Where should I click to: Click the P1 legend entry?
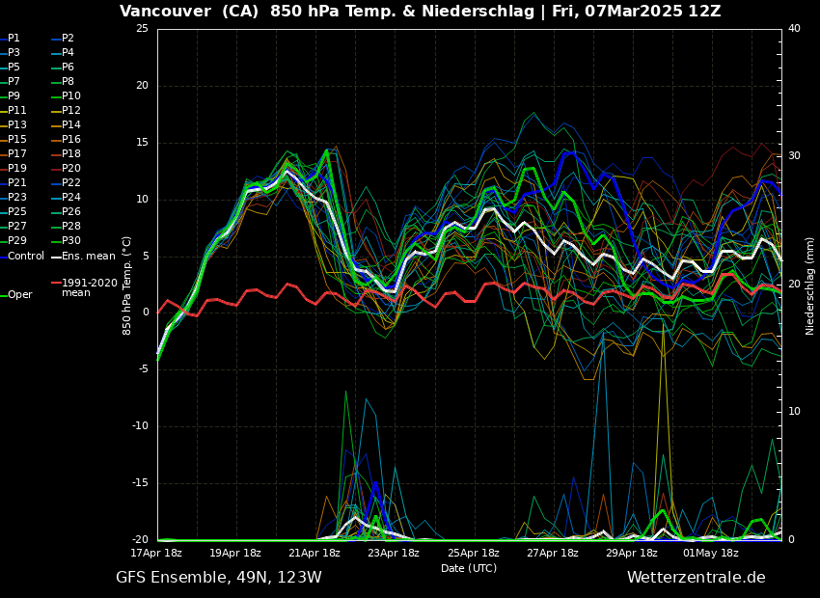pyautogui.click(x=14, y=39)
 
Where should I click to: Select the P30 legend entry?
pyautogui.click(x=71, y=241)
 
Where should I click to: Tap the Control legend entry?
pyautogui.click(x=26, y=256)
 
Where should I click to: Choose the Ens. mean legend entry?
pyautogui.click(x=88, y=256)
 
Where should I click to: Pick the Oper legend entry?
pyautogui.click(x=19, y=295)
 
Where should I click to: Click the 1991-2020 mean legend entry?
pyautogui.click(x=89, y=287)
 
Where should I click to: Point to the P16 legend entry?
pyautogui.click(x=71, y=140)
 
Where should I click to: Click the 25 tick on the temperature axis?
pyautogui.click(x=142, y=29)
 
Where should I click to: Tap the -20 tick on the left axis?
pyautogui.click(x=139, y=540)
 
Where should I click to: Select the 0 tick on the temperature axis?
pyautogui.click(x=145, y=313)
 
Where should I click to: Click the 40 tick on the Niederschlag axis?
pyautogui.click(x=794, y=29)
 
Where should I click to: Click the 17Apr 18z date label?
pyautogui.click(x=156, y=554)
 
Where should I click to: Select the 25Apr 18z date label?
pyautogui.click(x=474, y=554)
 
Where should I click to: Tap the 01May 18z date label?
pyautogui.click(x=711, y=554)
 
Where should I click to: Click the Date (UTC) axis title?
pyautogui.click(x=469, y=569)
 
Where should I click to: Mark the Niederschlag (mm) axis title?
pyautogui.click(x=810, y=285)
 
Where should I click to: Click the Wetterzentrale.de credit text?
pyautogui.click(x=696, y=578)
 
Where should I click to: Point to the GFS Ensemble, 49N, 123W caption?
pyautogui.click(x=219, y=578)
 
